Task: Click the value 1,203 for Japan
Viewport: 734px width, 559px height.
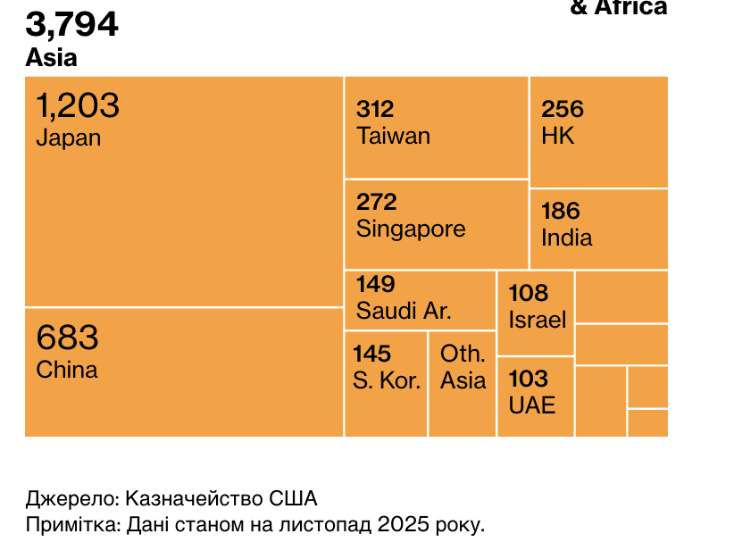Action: [78, 106]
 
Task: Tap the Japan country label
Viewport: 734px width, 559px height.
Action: [69, 138]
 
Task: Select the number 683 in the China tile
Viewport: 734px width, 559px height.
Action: [67, 338]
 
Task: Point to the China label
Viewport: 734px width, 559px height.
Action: [67, 370]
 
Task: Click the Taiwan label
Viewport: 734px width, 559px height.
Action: [393, 136]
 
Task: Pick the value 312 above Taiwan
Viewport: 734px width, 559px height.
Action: [375, 110]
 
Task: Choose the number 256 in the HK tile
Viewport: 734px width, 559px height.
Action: [563, 110]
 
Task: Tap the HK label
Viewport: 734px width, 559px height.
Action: [558, 136]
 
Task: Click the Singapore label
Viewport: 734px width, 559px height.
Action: [411, 229]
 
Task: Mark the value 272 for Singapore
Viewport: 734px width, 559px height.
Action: [377, 203]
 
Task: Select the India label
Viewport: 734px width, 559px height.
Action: [566, 238]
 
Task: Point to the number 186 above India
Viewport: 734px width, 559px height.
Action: [561, 212]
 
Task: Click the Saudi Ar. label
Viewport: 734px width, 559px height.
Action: [404, 312]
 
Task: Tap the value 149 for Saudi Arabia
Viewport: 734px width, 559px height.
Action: [375, 285]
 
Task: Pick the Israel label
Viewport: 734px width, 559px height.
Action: [538, 320]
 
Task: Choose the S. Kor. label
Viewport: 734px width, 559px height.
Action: [387, 381]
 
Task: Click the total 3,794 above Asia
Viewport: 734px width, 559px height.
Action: [71, 24]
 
